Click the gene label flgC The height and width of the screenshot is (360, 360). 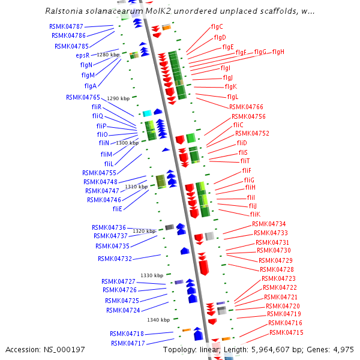(217, 26)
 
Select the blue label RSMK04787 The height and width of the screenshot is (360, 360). (66, 27)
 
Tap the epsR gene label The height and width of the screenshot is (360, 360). (82, 55)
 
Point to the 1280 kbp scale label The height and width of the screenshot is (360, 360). (108, 55)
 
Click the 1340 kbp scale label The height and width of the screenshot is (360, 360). (158, 320)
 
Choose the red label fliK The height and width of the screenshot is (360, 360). (255, 214)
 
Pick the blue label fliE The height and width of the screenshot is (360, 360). (117, 209)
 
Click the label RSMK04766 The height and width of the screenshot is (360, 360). (246, 107)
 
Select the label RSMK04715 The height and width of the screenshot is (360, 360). (286, 332)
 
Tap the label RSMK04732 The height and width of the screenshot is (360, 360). (115, 259)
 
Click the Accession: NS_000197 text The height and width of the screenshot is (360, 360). (46, 349)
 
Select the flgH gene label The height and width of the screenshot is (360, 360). (278, 52)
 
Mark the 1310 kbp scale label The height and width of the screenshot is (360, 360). (136, 187)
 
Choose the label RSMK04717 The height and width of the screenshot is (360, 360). (127, 343)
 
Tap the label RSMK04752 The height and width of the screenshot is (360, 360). (252, 134)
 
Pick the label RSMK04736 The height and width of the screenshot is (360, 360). (109, 227)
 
